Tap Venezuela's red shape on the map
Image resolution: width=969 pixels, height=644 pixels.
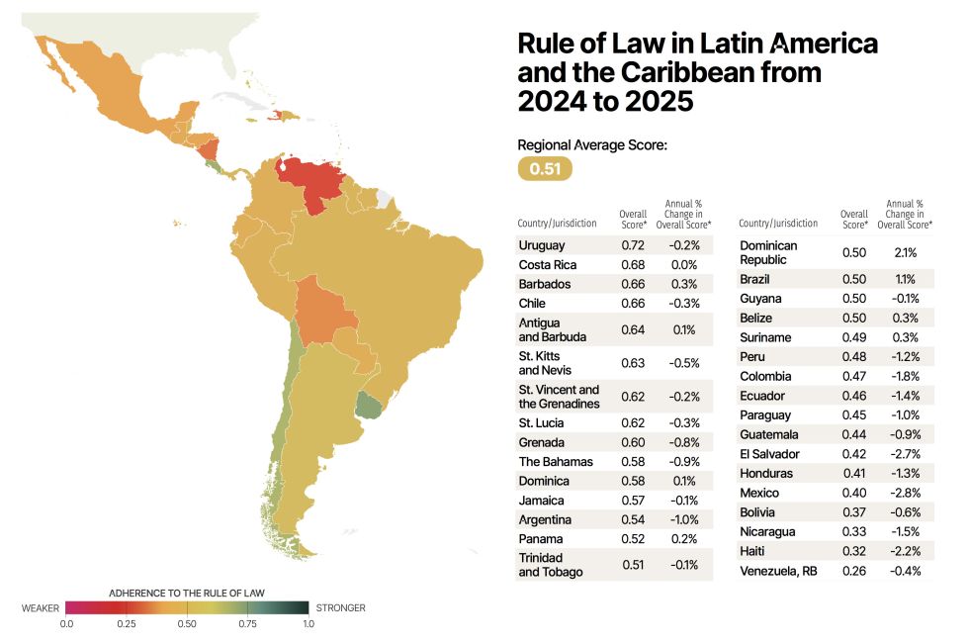313,180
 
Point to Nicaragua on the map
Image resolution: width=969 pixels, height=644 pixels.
209,151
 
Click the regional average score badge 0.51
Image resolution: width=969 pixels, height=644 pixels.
545,169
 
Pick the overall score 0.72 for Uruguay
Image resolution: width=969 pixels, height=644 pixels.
633,245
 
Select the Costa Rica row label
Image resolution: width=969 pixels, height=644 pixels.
547,265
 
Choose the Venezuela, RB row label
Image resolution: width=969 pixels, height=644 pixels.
781,571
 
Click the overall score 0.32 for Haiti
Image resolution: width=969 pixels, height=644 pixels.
854,551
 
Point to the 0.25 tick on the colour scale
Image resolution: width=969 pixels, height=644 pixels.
127,624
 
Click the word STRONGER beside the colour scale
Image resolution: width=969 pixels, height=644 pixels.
339,607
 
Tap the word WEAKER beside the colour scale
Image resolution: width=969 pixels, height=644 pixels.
41,607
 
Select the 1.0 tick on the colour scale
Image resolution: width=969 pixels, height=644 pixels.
308,624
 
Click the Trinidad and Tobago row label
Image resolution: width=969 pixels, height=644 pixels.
551,565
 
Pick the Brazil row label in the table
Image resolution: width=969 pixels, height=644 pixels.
755,279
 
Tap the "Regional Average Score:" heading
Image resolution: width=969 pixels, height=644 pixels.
592,145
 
